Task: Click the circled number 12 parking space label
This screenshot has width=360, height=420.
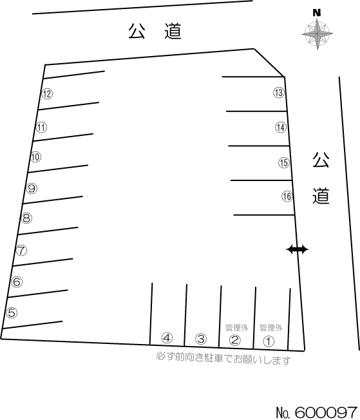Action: coord(47,94)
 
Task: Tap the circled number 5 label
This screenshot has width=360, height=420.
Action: coord(12,312)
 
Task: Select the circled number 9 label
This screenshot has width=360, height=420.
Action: coord(32,188)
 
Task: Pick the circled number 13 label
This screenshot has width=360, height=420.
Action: coord(279,92)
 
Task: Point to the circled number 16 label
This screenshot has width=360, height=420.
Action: coord(287,196)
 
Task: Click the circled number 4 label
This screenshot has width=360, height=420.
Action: coord(167,338)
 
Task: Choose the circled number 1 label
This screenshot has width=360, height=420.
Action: coord(269,341)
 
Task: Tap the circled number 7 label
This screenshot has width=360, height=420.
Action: coord(22,251)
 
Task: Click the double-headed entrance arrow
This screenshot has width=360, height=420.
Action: coord(298,250)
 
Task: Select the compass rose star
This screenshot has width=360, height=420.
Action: coord(317,34)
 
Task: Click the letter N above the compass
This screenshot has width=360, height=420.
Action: coord(317,13)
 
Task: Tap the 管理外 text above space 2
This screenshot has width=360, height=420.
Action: coord(237,328)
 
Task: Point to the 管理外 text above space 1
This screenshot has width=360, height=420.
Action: coord(270,328)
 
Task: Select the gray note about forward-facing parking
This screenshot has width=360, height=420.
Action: coord(223,359)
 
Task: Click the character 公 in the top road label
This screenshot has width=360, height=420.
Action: coord(137,31)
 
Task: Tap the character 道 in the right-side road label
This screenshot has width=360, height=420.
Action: coord(321,196)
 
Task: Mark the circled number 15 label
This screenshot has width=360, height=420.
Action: coord(284,162)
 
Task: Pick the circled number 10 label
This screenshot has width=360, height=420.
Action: coord(35,157)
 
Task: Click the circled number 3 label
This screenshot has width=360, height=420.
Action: coord(201,339)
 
